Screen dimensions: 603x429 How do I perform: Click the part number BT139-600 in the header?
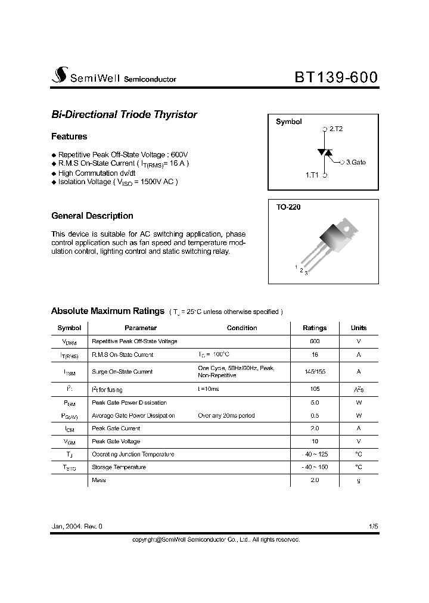[335, 77]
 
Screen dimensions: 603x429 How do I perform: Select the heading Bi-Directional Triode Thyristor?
[124, 114]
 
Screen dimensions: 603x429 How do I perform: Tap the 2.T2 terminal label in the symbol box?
[335, 129]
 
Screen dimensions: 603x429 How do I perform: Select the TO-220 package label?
[287, 207]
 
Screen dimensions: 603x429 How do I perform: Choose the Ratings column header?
[315, 328]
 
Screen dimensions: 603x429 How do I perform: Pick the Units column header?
[359, 328]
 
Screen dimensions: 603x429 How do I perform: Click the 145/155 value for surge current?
[315, 371]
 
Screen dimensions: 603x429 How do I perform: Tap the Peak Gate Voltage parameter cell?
[116, 442]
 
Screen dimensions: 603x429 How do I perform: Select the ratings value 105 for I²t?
[315, 389]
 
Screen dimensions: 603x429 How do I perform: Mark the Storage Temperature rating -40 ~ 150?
[315, 467]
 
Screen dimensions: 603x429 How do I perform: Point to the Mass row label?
[98, 480]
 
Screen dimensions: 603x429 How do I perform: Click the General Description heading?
[92, 216]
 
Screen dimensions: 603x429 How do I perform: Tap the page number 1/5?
[373, 527]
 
